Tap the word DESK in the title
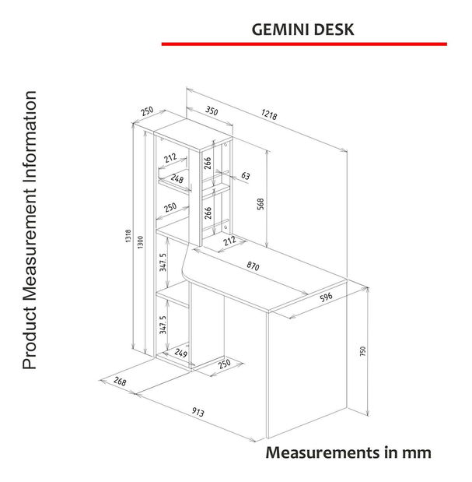(x=334, y=30)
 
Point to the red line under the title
(x=304, y=44)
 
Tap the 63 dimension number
(x=245, y=176)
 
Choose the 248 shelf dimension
(x=177, y=179)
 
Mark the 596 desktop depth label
(x=326, y=297)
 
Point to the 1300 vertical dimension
(x=140, y=243)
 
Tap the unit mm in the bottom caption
(x=416, y=452)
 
